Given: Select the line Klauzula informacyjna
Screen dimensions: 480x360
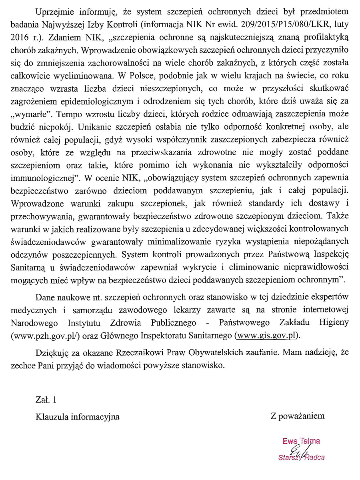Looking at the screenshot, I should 78,416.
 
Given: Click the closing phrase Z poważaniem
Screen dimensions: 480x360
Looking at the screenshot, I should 297,416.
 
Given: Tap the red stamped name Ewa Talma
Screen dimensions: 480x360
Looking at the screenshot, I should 301,441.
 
